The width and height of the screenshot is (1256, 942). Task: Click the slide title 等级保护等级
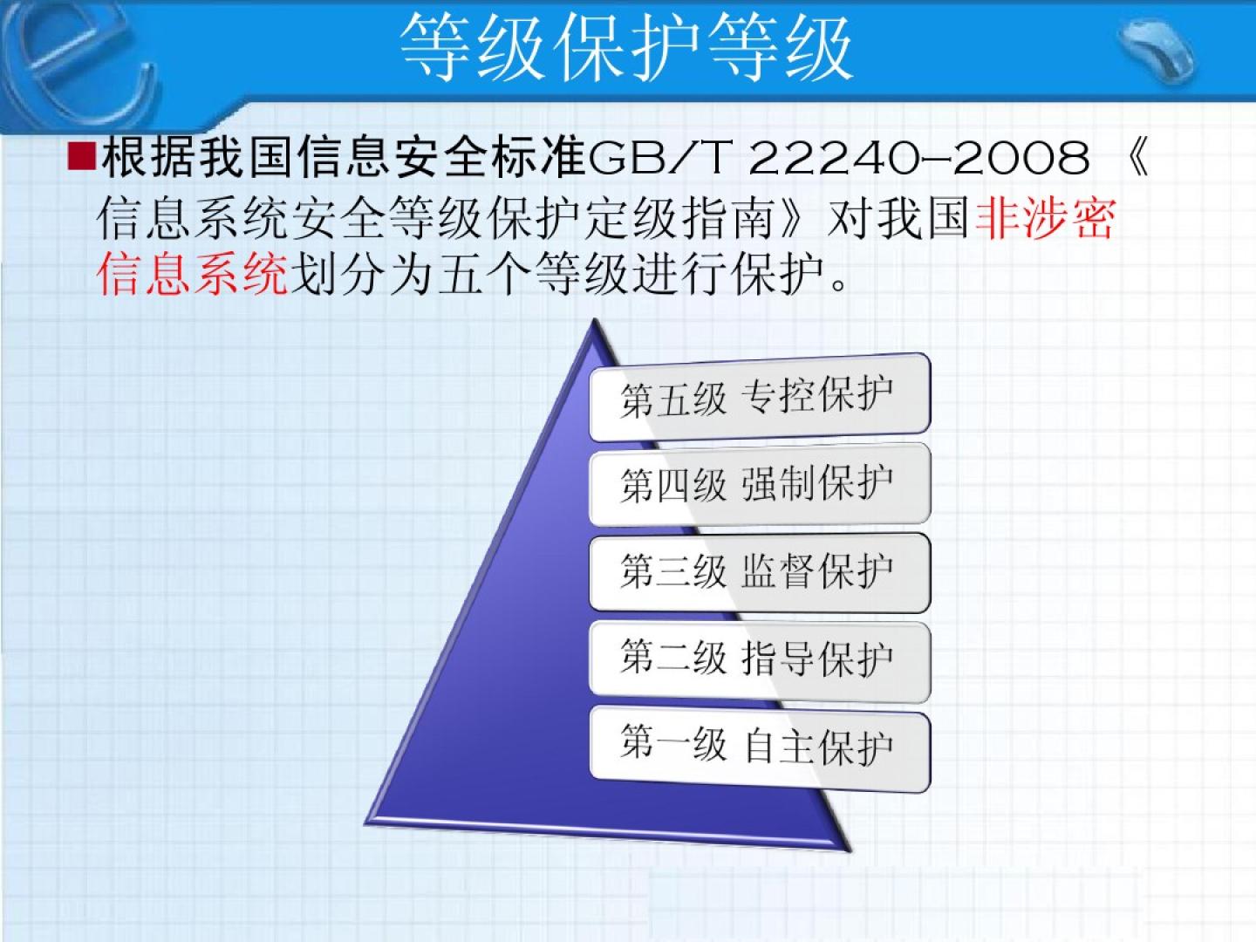[x=625, y=47]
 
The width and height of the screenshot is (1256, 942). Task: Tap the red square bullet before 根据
[x=81, y=156]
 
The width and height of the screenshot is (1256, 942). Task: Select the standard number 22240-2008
[x=919, y=157]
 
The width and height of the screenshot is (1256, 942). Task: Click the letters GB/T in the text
[x=659, y=157]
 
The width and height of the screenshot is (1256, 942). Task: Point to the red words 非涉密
[x=1045, y=218]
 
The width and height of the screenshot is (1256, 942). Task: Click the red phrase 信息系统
[x=192, y=274]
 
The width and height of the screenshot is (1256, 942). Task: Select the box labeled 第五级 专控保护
[x=760, y=398]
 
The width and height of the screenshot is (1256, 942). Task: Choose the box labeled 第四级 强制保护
[x=760, y=484]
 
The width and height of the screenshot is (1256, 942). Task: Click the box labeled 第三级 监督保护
[x=760, y=572]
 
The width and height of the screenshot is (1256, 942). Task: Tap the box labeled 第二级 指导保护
[x=760, y=660]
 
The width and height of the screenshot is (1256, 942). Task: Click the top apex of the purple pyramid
[x=595, y=319]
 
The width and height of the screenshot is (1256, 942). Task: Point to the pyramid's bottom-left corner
[x=366, y=823]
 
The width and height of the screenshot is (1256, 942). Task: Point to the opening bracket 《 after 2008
[x=1136, y=157]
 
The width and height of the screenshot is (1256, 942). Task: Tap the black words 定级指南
[x=681, y=218]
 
